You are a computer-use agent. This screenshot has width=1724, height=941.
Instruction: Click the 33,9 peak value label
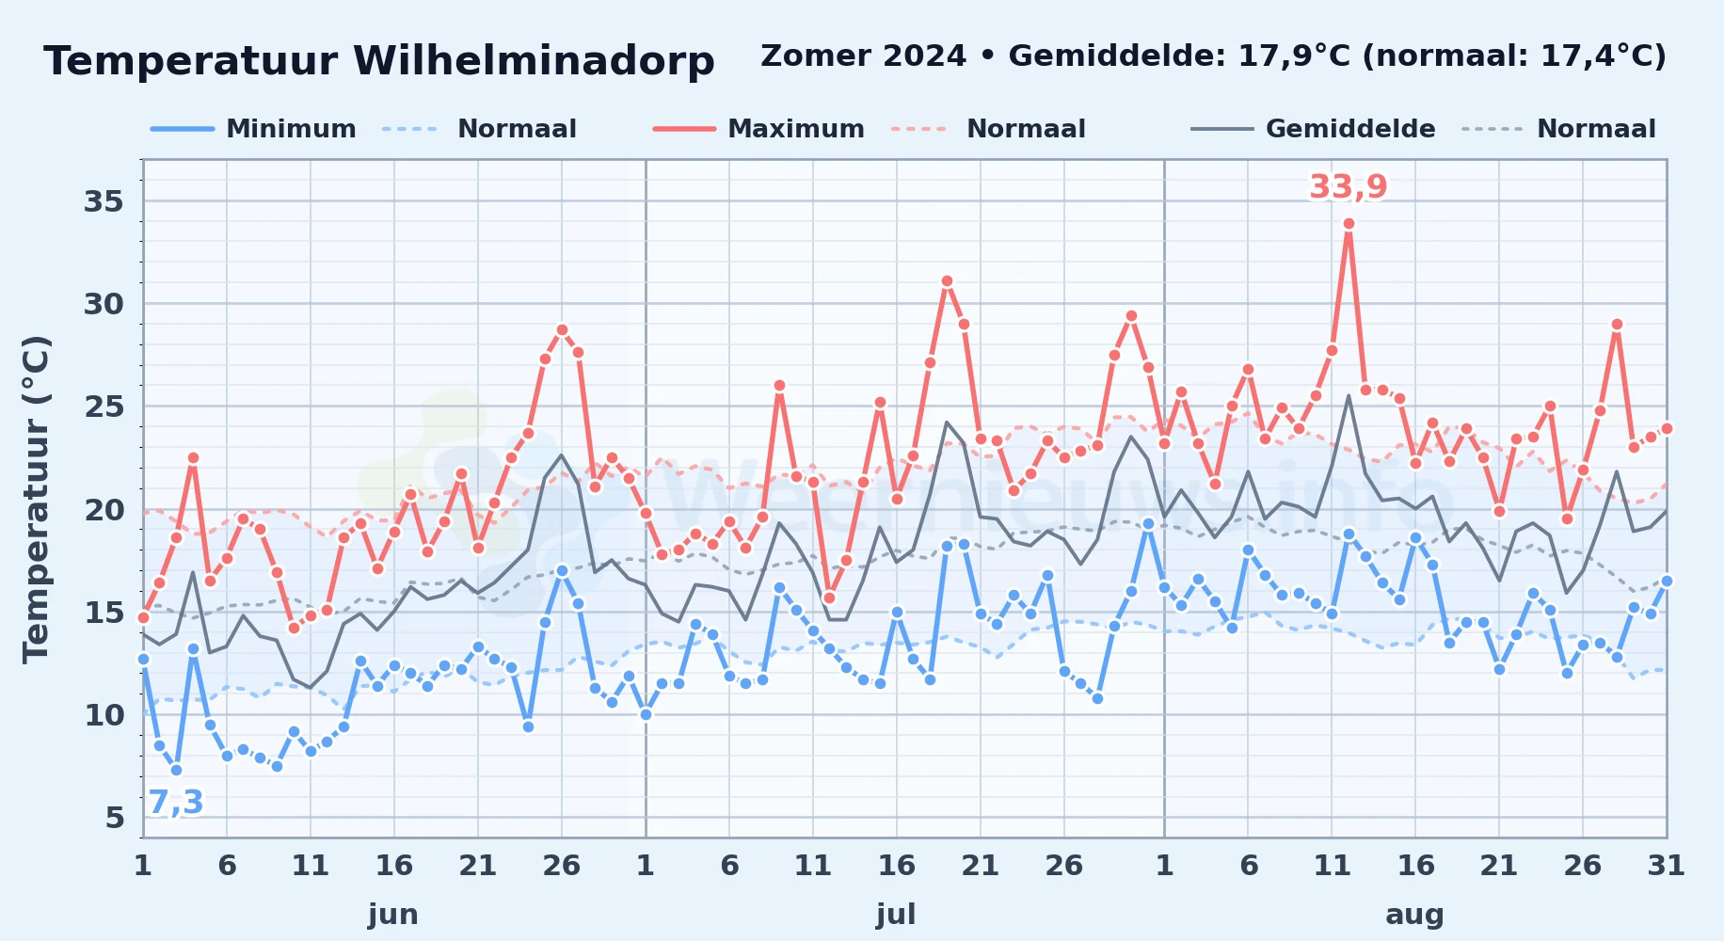tap(1349, 186)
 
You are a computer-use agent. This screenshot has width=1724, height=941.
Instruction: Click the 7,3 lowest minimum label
tap(176, 802)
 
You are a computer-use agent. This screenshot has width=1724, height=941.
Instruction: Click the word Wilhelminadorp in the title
tap(534, 61)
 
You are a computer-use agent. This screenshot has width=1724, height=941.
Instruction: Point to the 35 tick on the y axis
tap(104, 201)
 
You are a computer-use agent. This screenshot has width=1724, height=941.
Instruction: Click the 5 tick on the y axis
tap(115, 818)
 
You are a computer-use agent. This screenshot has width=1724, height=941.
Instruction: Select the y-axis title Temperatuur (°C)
tap(37, 500)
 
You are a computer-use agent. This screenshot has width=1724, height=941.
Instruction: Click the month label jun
tap(393, 914)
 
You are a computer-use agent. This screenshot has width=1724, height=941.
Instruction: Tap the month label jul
tap(896, 914)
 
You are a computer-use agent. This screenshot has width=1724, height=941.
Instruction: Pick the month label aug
tap(1414, 914)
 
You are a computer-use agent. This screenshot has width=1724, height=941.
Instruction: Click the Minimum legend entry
tap(254, 129)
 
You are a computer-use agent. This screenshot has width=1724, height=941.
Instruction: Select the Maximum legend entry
tap(758, 129)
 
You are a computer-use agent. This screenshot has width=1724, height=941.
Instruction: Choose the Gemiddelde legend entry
tap(1314, 129)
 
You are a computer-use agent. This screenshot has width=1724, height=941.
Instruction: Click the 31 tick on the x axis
tap(1666, 865)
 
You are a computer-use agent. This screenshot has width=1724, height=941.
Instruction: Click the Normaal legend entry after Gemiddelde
tap(1560, 129)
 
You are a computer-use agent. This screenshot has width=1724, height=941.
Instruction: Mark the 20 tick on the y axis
tap(104, 510)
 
